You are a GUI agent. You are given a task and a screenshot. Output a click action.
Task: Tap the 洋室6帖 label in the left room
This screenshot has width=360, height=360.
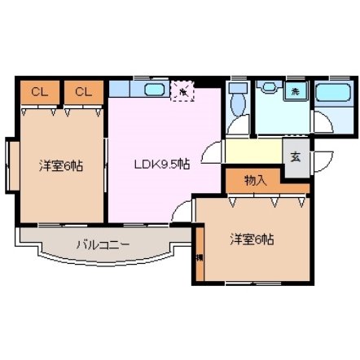pos(60,165)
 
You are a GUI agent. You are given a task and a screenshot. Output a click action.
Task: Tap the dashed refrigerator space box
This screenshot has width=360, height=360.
pos(182,92)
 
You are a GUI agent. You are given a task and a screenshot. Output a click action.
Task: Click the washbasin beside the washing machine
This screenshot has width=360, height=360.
pos(266,90)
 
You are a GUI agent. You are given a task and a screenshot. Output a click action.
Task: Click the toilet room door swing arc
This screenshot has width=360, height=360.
pos(237,125)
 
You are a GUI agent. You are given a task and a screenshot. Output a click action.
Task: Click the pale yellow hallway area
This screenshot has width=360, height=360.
pos(253,151)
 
